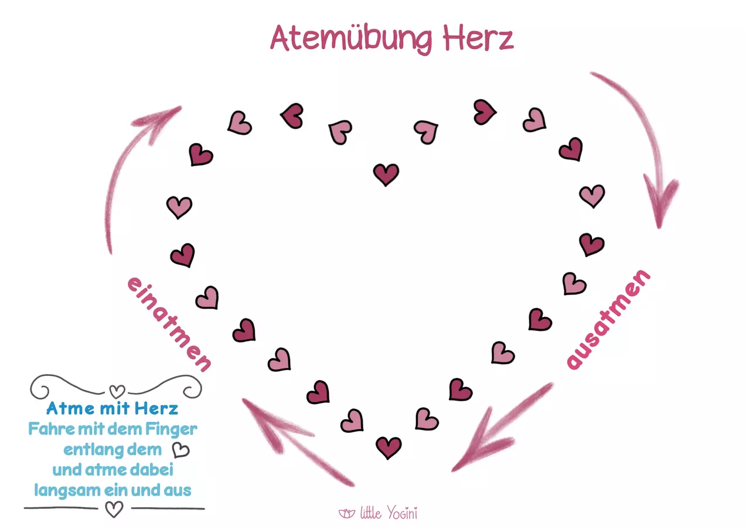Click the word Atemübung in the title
351,39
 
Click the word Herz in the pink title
478,39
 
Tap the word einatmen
169,324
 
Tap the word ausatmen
608,319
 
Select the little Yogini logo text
389,513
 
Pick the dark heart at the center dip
386,174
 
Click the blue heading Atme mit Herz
113,408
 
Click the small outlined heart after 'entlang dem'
181,450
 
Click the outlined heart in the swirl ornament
117,391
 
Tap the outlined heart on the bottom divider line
114,509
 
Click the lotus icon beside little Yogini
347,514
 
